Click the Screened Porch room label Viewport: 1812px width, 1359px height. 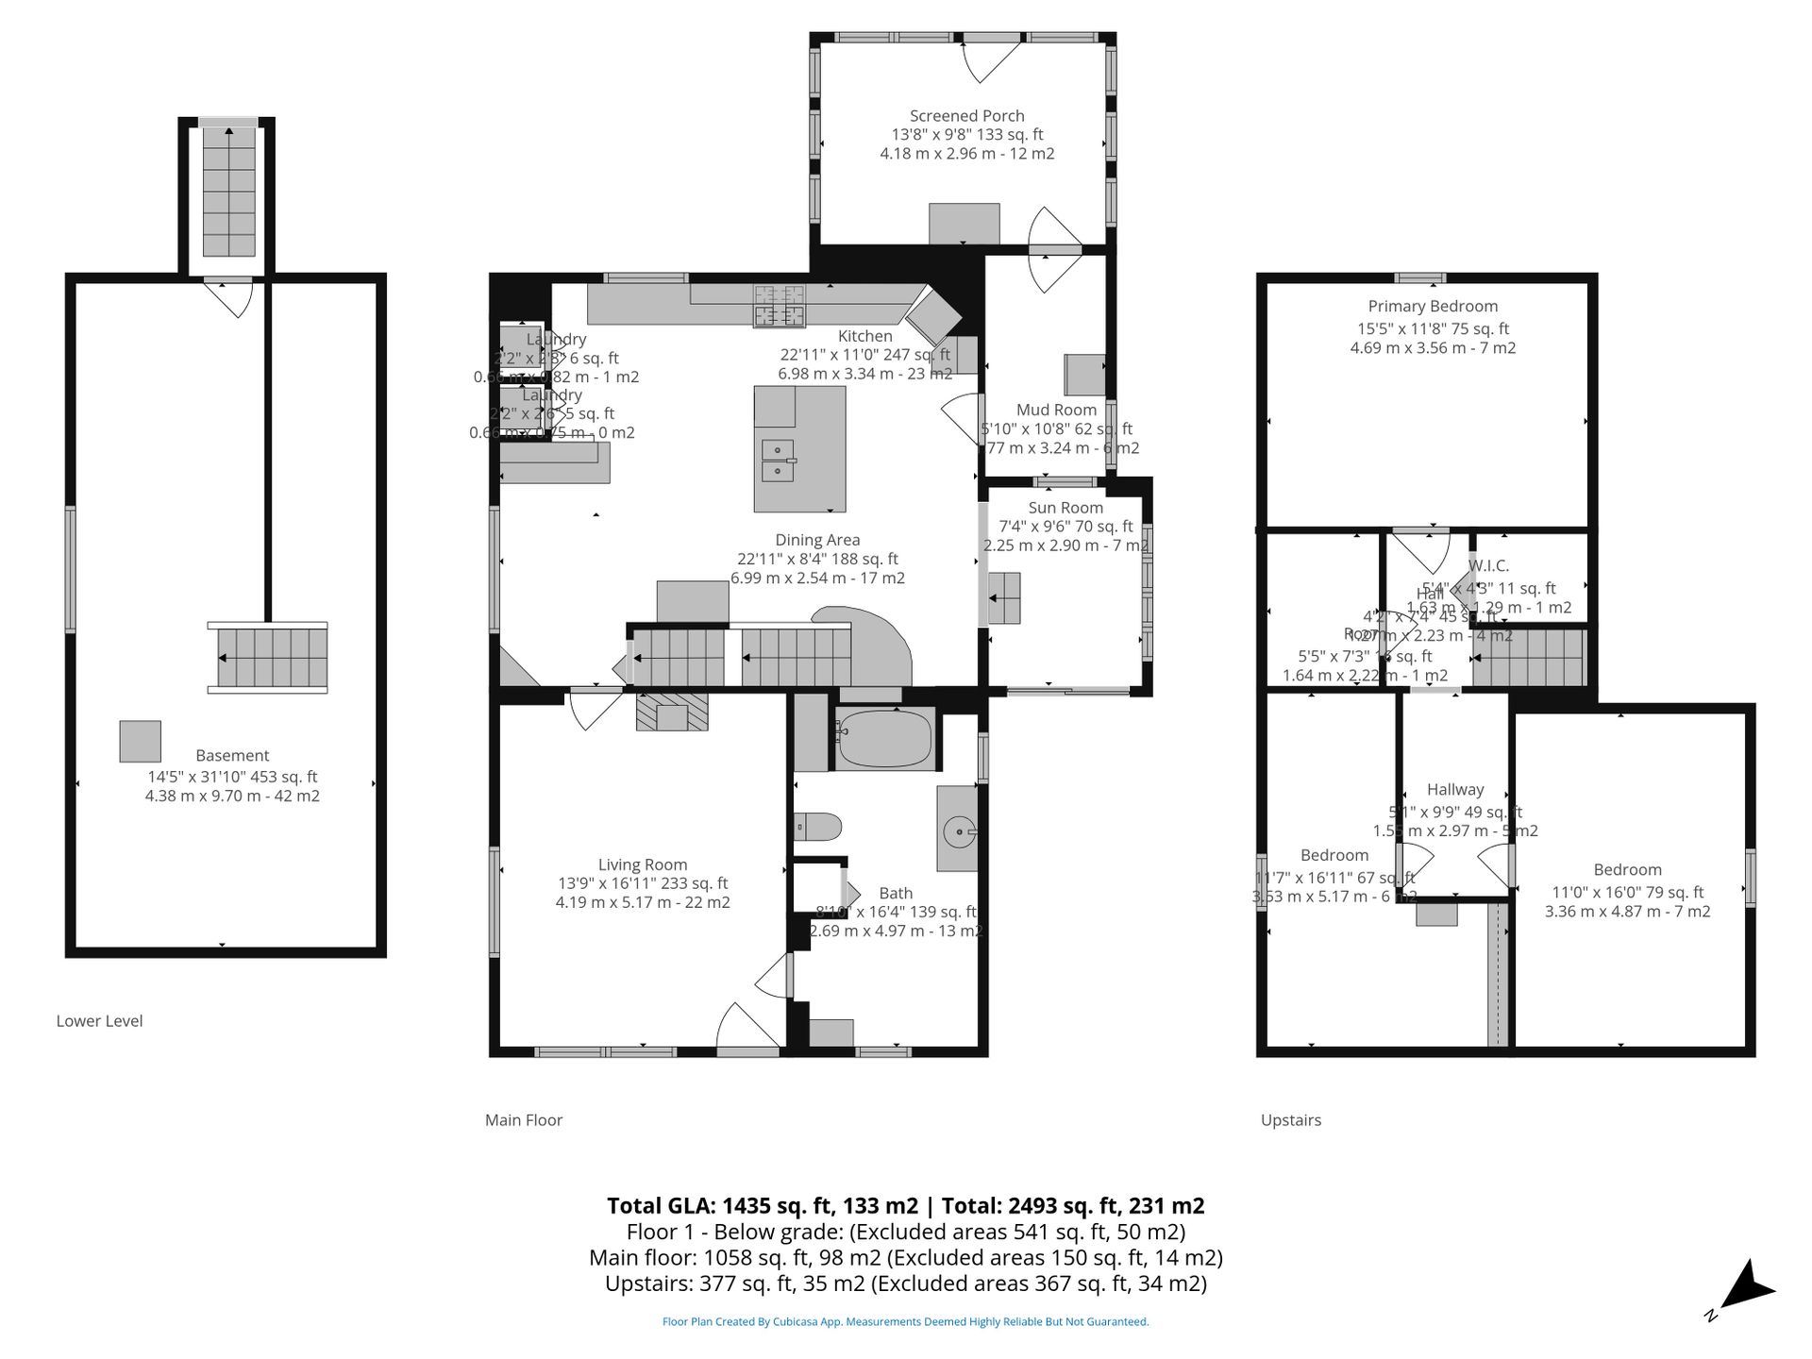pyautogui.click(x=966, y=116)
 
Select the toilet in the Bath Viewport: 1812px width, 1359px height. pyautogui.click(x=817, y=828)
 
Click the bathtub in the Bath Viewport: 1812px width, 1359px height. pyautogui.click(x=884, y=739)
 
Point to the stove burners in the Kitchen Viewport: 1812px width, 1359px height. pyautogui.click(x=780, y=304)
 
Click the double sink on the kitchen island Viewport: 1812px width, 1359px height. pyautogui.click(x=778, y=461)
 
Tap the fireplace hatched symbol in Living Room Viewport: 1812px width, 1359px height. pyautogui.click(x=672, y=712)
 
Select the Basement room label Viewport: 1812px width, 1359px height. pyautogui.click(x=232, y=756)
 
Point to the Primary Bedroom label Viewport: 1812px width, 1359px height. pyautogui.click(x=1433, y=307)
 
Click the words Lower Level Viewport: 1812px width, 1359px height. pyautogui.click(x=99, y=1021)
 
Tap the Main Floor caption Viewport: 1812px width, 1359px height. pyautogui.click(x=523, y=1120)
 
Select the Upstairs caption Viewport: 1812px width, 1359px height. pyautogui.click(x=1290, y=1120)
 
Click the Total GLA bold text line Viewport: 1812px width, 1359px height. pyautogui.click(x=905, y=1205)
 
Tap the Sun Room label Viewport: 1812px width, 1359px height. pyautogui.click(x=1065, y=508)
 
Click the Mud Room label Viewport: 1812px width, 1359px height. pyautogui.click(x=1056, y=410)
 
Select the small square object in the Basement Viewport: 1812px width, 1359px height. pyautogui.click(x=140, y=742)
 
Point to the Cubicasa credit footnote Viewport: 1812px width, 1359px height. pyautogui.click(x=905, y=1322)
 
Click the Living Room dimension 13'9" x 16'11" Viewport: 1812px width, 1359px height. pyautogui.click(x=643, y=884)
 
